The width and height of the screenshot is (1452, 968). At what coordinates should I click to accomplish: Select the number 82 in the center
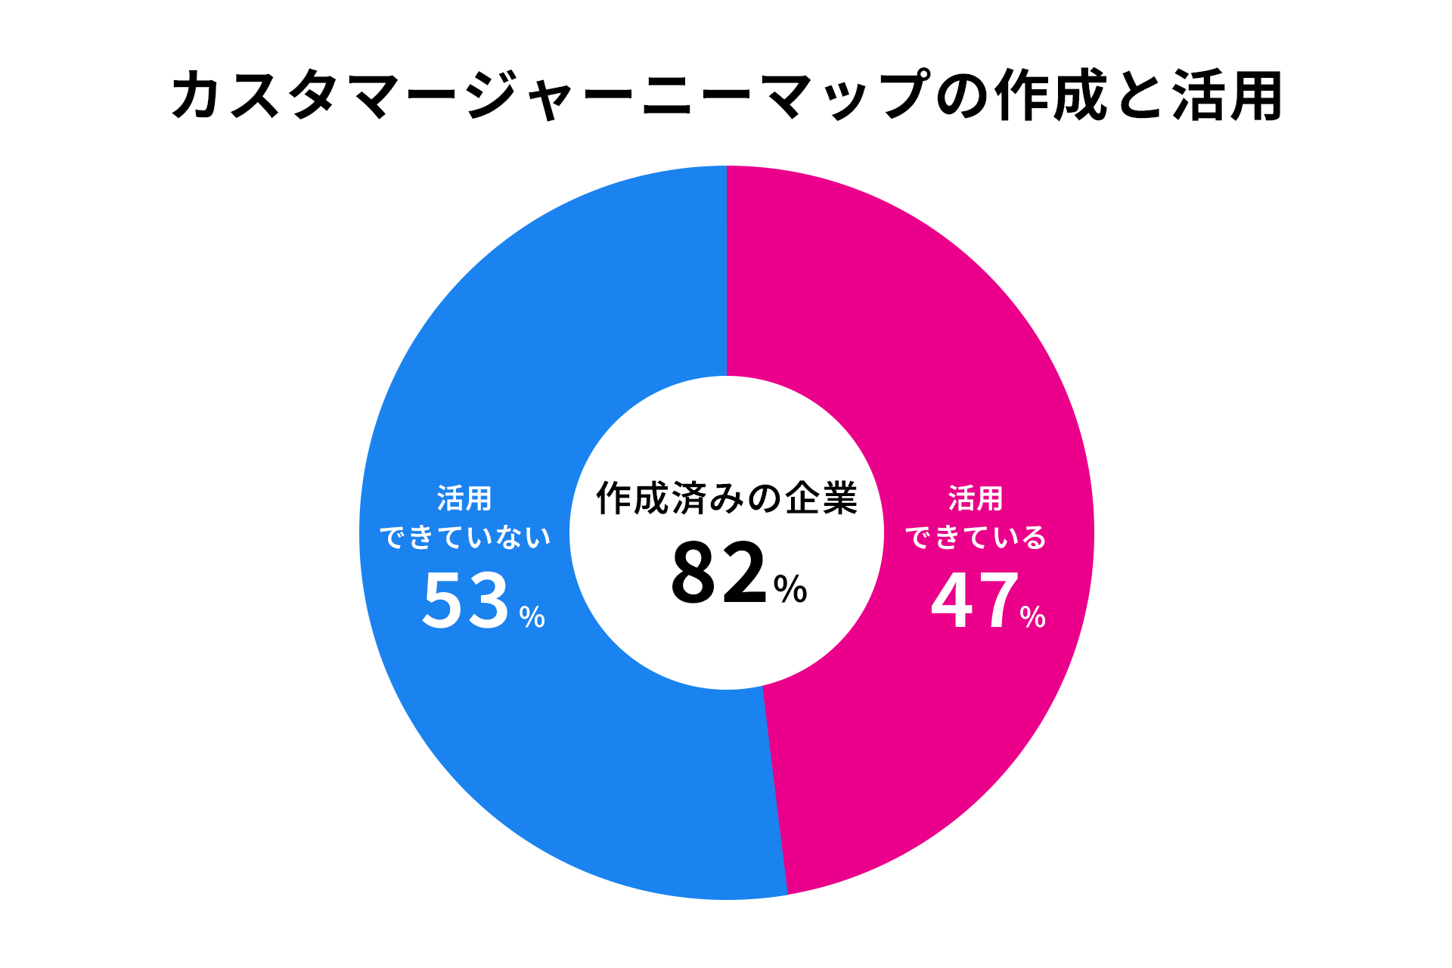pyautogui.click(x=719, y=573)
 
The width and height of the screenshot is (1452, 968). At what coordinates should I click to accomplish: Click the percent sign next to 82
pyautogui.click(x=790, y=588)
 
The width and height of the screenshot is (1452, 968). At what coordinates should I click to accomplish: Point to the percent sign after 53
pyautogui.click(x=532, y=617)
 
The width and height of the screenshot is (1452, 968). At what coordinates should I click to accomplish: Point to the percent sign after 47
pyautogui.click(x=1032, y=617)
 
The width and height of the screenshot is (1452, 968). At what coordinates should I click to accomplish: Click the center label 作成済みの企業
pyautogui.click(x=726, y=498)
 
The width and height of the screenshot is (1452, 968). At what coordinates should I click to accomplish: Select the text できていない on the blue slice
pyautogui.click(x=465, y=538)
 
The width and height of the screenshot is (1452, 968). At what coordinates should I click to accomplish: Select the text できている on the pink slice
pyautogui.click(x=976, y=538)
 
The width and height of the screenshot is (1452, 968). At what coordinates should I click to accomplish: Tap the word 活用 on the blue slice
pyautogui.click(x=464, y=499)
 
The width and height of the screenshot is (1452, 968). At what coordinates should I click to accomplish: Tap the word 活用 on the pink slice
pyautogui.click(x=976, y=499)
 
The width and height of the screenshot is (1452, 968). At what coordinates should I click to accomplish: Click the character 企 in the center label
pyautogui.click(x=802, y=498)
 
